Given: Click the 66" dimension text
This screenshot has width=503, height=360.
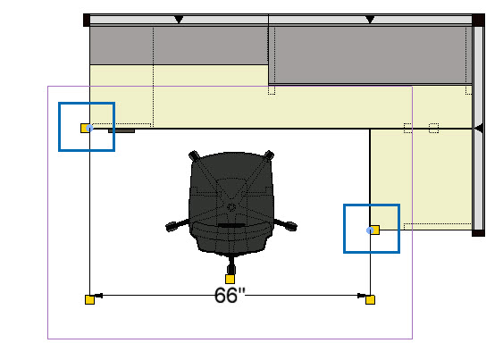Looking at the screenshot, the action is pyautogui.click(x=230, y=295).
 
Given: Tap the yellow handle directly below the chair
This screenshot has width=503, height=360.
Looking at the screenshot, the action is pyautogui.click(x=230, y=279).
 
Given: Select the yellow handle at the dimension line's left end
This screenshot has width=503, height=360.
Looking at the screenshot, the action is pyautogui.click(x=90, y=299).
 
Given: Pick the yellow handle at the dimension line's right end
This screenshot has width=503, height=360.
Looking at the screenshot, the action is pyautogui.click(x=370, y=299).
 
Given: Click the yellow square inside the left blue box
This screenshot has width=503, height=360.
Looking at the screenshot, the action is pyautogui.click(x=85, y=128).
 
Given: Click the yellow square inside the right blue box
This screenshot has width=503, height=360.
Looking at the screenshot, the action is pyautogui.click(x=375, y=230).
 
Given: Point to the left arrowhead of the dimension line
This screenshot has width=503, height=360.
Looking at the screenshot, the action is pyautogui.click(x=98, y=296).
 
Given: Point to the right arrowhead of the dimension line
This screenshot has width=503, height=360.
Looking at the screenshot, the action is pyautogui.click(x=362, y=296).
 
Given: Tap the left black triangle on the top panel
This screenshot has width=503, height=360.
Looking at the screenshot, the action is pyautogui.click(x=179, y=20).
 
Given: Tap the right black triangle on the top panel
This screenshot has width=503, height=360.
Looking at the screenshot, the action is pyautogui.click(x=370, y=20).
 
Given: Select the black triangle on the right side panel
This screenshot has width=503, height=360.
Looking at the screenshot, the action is pyautogui.click(x=479, y=129).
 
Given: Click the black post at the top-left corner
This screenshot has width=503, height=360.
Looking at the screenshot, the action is pyautogui.click(x=87, y=20).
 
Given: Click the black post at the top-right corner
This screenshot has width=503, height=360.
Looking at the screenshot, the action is pyautogui.click(x=478, y=20).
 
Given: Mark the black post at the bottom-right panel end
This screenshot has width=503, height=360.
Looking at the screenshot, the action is pyautogui.click(x=478, y=233).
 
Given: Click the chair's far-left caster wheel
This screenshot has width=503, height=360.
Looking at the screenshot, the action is pyautogui.click(x=172, y=226).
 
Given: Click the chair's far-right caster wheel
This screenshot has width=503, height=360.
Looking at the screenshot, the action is pyautogui.click(x=290, y=226).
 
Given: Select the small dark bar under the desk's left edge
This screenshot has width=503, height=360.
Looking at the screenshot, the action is pyautogui.click(x=122, y=130).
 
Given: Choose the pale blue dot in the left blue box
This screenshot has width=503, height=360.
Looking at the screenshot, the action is pyautogui.click(x=89, y=128).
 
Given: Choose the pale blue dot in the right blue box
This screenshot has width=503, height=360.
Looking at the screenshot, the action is pyautogui.click(x=370, y=230).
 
